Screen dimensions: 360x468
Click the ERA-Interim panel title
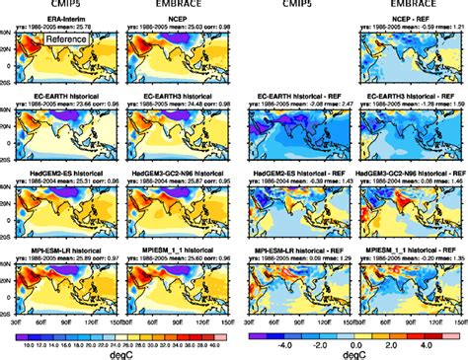click(63, 18)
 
